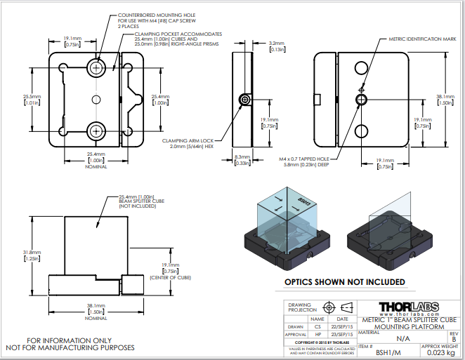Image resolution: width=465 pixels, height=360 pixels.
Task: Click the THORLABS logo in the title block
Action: point(409,307)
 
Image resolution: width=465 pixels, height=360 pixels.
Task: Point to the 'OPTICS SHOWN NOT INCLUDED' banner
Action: point(344,282)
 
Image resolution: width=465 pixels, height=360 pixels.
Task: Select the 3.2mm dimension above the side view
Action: point(277,44)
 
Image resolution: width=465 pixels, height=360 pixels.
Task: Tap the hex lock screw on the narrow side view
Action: point(244,100)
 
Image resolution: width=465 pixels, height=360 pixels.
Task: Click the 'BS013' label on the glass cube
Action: point(304,201)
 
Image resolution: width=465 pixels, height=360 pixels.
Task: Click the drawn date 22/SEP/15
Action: point(342,327)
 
